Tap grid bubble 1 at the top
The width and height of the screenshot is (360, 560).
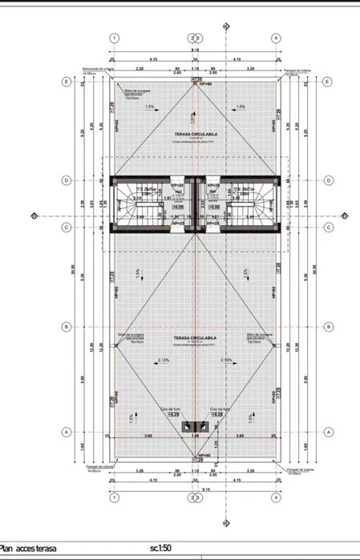(114, 38)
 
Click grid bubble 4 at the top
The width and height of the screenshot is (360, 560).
(276, 38)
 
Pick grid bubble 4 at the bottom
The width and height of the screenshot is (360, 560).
(276, 497)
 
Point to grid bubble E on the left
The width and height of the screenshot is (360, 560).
(66, 82)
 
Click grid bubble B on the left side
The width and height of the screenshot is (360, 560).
(66, 327)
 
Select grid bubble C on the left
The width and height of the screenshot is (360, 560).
(66, 227)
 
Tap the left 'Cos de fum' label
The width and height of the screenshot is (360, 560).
(171, 409)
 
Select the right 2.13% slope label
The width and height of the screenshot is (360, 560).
(226, 361)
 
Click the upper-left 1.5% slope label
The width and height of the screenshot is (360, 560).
(150, 107)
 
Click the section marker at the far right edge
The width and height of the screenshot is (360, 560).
(344, 215)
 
